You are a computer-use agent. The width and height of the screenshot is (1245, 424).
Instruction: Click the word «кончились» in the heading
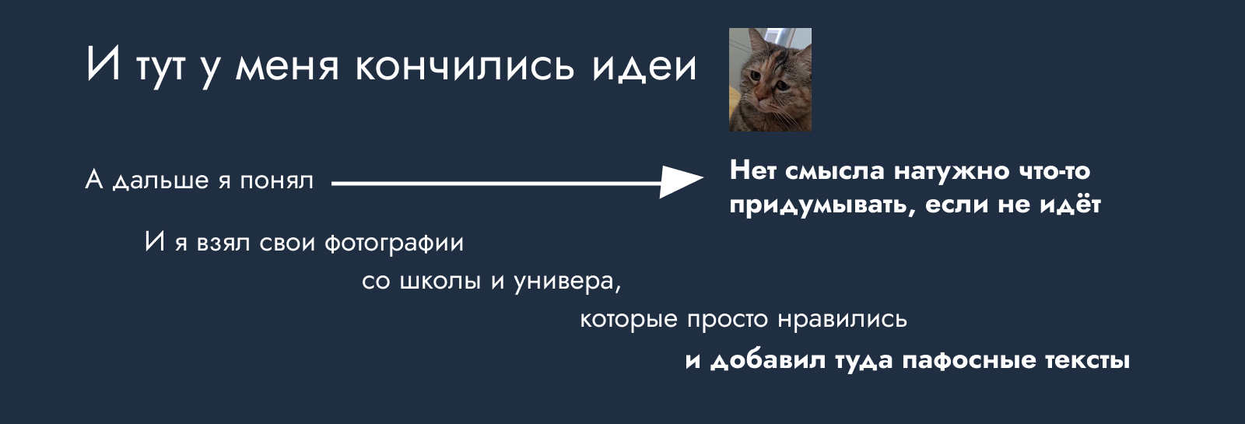pyautogui.click(x=464, y=67)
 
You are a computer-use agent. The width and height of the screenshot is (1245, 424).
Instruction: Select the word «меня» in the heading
pyautogui.click(x=287, y=67)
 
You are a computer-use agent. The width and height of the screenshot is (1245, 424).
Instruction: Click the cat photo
pyautogui.click(x=770, y=79)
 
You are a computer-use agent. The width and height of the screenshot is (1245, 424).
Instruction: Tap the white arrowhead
pyautogui.click(x=682, y=181)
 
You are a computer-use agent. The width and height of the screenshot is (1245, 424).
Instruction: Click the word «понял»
pyautogui.click(x=277, y=180)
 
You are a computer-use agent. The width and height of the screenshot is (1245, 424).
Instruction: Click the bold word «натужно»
pyautogui.click(x=952, y=170)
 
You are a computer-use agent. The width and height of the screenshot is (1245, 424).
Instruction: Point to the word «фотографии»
pyautogui.click(x=394, y=243)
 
